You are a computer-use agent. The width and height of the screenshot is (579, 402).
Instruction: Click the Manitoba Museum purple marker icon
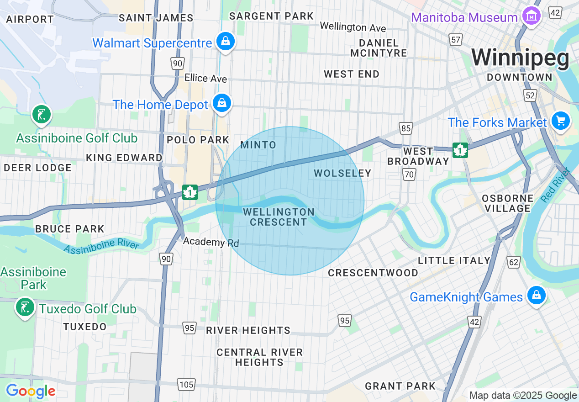[532, 17]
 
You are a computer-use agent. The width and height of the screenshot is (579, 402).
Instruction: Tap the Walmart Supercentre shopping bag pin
[226, 42]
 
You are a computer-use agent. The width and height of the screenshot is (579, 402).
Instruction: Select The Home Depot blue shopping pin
[221, 103]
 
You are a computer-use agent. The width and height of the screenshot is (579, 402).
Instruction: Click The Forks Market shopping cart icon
[561, 121]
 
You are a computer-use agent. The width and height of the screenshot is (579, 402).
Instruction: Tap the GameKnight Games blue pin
[537, 296]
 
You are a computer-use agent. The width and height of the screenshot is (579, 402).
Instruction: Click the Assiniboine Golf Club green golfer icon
[42, 114]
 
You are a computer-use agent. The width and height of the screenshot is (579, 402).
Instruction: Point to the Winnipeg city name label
[521, 58]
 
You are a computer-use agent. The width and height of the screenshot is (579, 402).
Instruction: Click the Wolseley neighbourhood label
[342, 173]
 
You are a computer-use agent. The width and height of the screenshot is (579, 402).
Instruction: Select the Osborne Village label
[508, 203]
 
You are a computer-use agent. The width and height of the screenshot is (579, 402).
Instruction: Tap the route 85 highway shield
[406, 128]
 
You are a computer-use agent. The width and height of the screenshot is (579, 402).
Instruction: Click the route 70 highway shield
[409, 174]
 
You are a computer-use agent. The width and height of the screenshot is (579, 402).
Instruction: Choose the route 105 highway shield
[186, 385]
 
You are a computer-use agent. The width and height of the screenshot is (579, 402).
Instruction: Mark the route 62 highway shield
[514, 262]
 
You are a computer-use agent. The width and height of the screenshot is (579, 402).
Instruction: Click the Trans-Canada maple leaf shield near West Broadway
[460, 150]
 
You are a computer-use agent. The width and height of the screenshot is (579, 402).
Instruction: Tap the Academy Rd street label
[211, 242]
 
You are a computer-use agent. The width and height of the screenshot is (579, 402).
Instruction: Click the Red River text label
[555, 185]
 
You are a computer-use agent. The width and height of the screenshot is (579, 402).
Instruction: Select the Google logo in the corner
[31, 391]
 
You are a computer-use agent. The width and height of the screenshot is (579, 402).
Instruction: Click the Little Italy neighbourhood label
[454, 260]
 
